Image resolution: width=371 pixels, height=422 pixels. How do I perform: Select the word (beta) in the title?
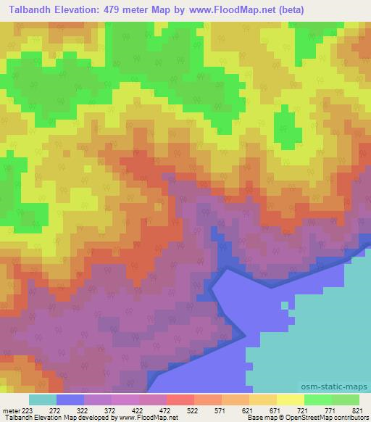pyautogui.click(x=288, y=10)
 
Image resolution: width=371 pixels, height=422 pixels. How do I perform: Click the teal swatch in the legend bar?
pyautogui.click(x=42, y=400)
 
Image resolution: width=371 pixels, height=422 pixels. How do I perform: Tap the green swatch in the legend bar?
pyautogui.click(x=318, y=400)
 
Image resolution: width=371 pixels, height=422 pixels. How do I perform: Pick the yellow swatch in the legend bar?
pyautogui.click(x=290, y=400)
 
